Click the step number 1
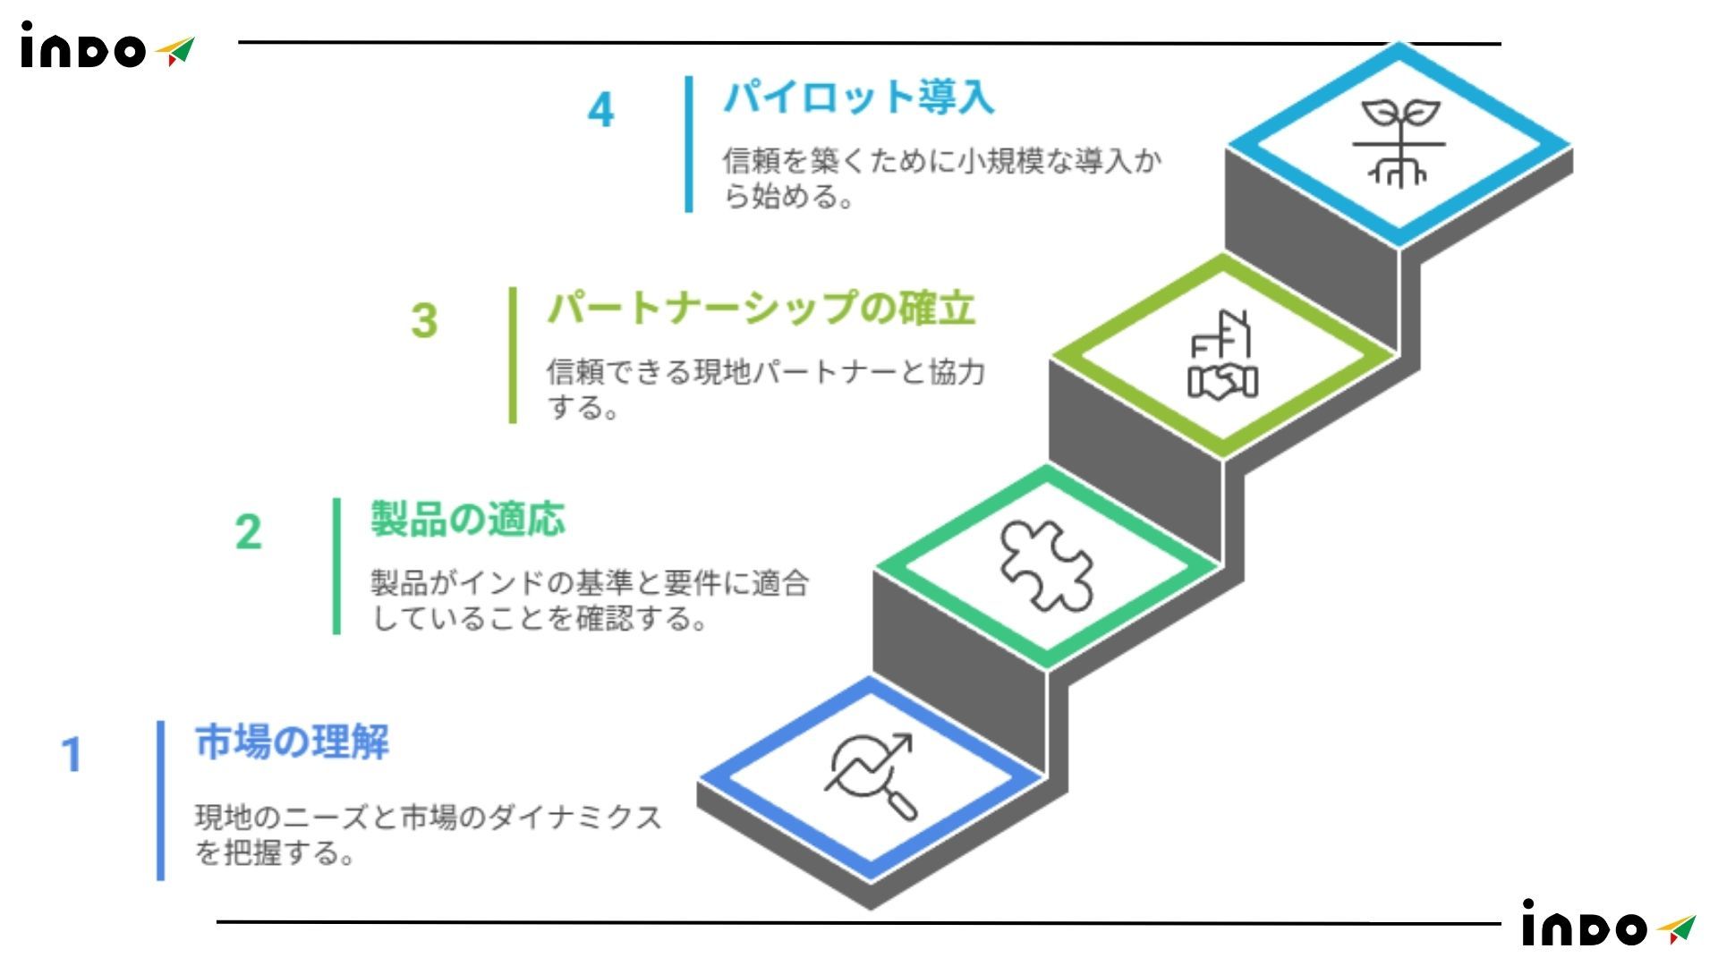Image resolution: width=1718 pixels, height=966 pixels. click(72, 755)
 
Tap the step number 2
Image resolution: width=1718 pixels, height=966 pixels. click(248, 532)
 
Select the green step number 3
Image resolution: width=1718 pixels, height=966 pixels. click(424, 321)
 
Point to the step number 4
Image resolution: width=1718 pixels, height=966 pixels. click(600, 111)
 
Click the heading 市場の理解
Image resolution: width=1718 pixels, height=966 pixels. click(292, 742)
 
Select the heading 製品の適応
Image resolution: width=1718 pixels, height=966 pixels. click(467, 520)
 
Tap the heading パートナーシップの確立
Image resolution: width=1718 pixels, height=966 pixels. click(761, 309)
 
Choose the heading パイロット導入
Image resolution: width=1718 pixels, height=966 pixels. click(858, 97)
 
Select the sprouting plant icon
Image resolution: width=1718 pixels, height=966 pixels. click(1399, 143)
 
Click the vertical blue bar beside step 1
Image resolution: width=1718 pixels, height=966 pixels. click(161, 801)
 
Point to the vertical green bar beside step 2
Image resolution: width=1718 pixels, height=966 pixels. click(337, 566)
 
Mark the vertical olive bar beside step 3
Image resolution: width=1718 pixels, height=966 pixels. click(513, 355)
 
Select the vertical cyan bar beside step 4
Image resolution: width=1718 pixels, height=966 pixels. click(689, 144)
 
